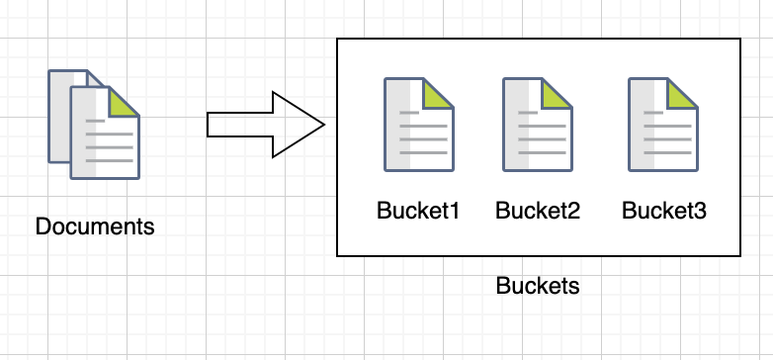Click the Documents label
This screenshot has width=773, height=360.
click(95, 226)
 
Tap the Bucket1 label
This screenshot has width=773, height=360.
click(418, 211)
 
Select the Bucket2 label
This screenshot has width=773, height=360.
click(537, 211)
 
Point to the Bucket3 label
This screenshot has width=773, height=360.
click(664, 211)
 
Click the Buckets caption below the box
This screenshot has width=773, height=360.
click(537, 287)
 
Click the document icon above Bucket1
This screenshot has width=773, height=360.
click(418, 126)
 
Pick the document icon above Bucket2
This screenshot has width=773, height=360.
click(538, 126)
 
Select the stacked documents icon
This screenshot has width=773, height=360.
click(94, 124)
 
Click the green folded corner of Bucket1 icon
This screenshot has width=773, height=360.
click(440, 96)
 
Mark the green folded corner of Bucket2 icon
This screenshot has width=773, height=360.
click(559, 96)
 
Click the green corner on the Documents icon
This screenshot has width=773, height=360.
click(125, 103)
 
